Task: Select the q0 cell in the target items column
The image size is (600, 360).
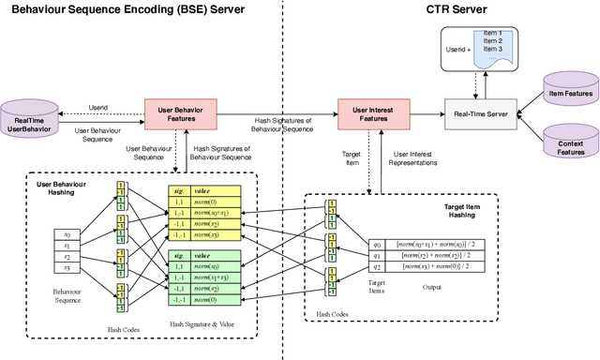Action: [378, 242]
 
